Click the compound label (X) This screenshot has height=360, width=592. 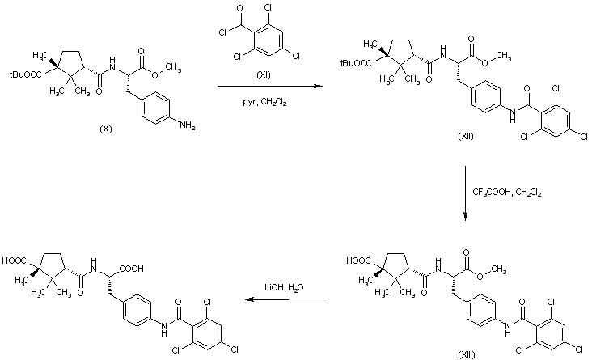click(104, 129)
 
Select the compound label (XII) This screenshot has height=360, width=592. click(465, 137)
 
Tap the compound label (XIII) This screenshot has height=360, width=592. click(465, 354)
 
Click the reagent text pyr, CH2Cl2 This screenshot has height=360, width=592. click(264, 102)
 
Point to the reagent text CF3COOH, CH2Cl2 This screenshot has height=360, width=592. click(507, 192)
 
